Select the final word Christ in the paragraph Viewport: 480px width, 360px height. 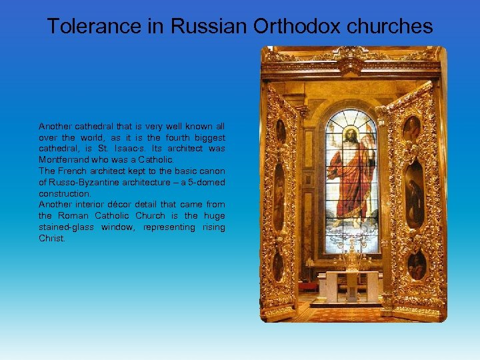pyautogui.click(x=51, y=239)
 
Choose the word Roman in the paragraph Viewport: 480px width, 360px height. pyautogui.click(x=72, y=216)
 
